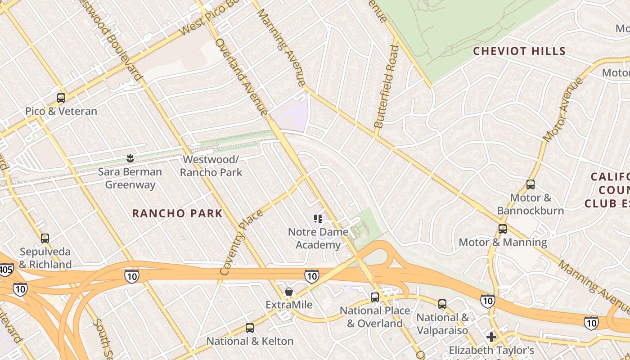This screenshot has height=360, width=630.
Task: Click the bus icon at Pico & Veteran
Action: (61, 98)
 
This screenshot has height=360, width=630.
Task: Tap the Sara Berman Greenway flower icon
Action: (130, 158)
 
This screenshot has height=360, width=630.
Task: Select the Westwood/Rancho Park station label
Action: (211, 166)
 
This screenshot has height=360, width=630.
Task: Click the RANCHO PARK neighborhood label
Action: (177, 213)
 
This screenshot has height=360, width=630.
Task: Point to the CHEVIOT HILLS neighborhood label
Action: (519, 51)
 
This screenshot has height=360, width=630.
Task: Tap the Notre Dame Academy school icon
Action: (318, 219)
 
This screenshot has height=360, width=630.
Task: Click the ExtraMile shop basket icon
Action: (289, 292)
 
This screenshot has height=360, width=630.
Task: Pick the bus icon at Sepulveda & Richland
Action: (45, 238)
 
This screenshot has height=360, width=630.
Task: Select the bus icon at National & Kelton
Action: (250, 328)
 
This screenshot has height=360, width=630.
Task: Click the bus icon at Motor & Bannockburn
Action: (531, 184)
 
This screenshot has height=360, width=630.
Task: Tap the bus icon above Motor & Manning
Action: (503, 229)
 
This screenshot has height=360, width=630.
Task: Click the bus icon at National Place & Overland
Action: (374, 297)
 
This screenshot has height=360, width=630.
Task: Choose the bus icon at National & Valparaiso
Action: (442, 304)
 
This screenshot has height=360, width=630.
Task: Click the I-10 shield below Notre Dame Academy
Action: (311, 276)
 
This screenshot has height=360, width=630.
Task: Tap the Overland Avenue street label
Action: (241, 76)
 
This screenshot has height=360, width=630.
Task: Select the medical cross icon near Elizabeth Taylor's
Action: (491, 337)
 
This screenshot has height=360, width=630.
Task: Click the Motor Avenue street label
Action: (563, 109)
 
